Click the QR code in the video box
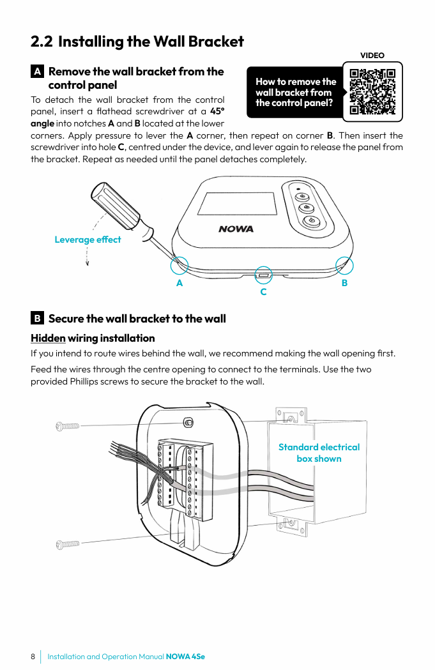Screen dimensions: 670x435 pos(373,91)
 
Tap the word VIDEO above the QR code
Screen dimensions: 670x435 pos(372,56)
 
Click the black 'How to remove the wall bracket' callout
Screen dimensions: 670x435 pos(295,92)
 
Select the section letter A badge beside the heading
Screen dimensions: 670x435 pos(38,72)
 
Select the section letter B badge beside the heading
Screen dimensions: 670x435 pos(38,318)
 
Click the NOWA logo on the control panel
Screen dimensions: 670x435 pos(236,229)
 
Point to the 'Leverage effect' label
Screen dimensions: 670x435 pos(88,240)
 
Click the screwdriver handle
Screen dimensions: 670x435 pos(115,202)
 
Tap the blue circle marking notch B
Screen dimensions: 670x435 pos(344,265)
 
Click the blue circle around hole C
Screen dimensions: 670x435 pos(263,274)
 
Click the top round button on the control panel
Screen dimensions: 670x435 pos(303,196)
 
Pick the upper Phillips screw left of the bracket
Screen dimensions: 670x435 pos(67,425)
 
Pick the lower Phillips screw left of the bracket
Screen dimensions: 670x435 pos(67,544)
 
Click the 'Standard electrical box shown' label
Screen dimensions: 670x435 pos(319,453)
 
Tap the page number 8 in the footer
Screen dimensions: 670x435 pos(33,657)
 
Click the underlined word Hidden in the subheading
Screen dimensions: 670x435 pos(48,338)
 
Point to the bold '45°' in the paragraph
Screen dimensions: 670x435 pos(217,111)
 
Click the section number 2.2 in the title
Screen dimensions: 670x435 pos(42,42)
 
